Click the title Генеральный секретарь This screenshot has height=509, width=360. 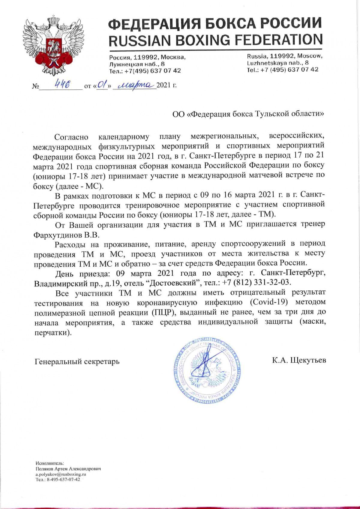pyautogui.click(x=77, y=361)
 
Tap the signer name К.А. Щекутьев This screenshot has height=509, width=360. pyautogui.click(x=299, y=360)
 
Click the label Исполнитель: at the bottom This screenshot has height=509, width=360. pyautogui.click(x=47, y=463)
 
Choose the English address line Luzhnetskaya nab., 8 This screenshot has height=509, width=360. pyautogui.click(x=277, y=63)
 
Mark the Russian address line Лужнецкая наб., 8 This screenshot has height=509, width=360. pyautogui.click(x=136, y=64)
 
